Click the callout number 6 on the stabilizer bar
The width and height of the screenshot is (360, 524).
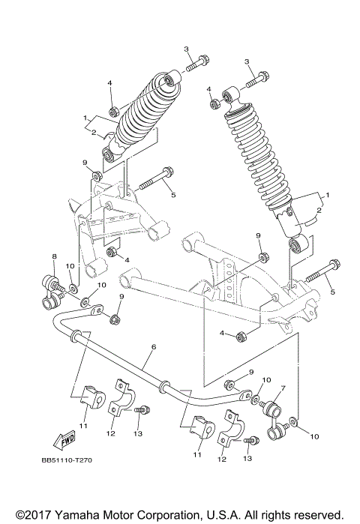(154, 347)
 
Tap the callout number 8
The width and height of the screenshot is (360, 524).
(54, 258)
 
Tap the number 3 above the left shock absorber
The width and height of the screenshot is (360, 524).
(185, 49)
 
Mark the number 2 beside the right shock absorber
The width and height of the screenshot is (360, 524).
(318, 212)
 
